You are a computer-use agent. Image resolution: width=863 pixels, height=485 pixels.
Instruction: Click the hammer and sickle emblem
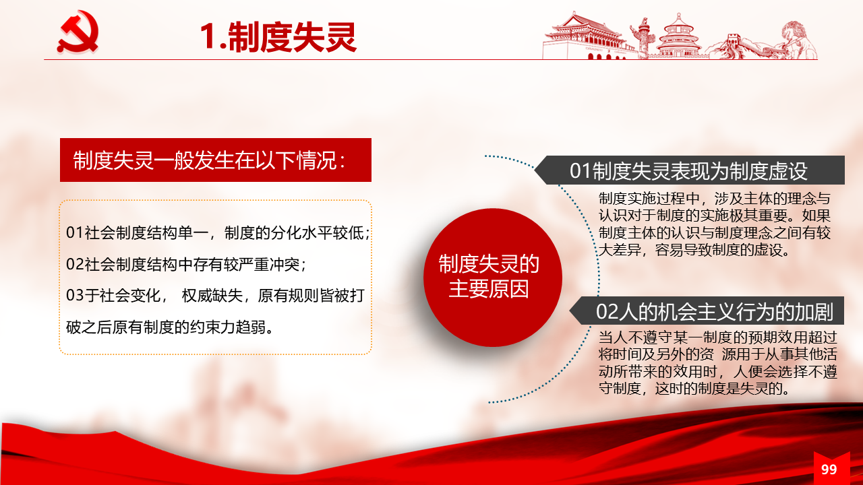pyautogui.click(x=78, y=32)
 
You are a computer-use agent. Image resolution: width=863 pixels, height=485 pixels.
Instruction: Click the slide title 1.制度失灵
pyautogui.click(x=278, y=37)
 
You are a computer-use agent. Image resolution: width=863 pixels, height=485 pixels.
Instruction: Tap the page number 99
pyautogui.click(x=829, y=470)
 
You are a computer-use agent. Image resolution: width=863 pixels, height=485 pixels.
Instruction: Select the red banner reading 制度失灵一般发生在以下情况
pyautogui.click(x=216, y=160)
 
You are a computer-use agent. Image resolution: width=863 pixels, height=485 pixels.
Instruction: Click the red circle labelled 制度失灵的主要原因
pyautogui.click(x=492, y=277)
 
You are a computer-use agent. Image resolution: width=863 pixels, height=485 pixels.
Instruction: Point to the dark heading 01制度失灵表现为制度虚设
pyautogui.click(x=690, y=170)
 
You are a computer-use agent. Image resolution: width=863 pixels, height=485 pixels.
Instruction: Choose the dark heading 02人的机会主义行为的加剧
pyautogui.click(x=707, y=311)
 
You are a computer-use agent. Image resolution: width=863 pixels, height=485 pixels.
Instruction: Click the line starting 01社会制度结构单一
pyautogui.click(x=218, y=233)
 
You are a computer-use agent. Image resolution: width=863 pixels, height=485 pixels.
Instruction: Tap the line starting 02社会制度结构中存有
pyautogui.click(x=186, y=265)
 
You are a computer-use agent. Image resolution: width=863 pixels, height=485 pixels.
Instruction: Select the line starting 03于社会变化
pyautogui.click(x=215, y=296)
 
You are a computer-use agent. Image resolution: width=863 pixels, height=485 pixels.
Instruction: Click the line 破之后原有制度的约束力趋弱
pyautogui.click(x=169, y=327)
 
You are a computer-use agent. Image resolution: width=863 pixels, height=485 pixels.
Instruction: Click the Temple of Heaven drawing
pyautogui.click(x=679, y=36)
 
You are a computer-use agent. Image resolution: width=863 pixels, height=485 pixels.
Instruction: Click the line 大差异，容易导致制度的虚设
pyautogui.click(x=694, y=250)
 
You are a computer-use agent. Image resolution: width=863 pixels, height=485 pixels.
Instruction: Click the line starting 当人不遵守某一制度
pyautogui.click(x=718, y=337)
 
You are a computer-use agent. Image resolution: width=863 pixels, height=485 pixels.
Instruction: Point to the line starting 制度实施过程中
pyautogui.click(x=714, y=199)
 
